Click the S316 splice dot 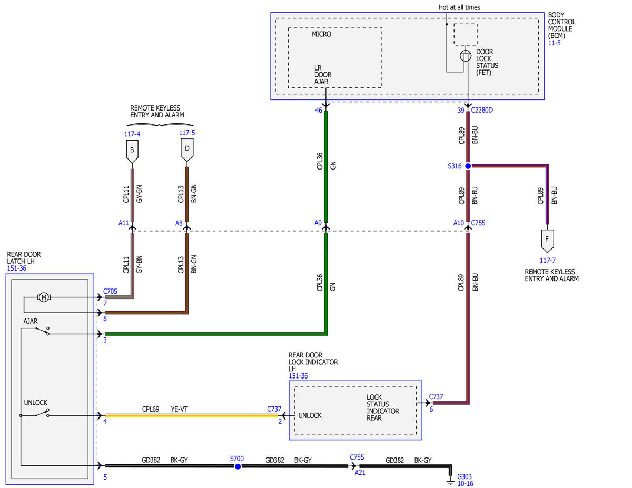point(468,166)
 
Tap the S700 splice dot point(238,466)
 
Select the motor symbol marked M point(44,297)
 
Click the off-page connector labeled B point(132,152)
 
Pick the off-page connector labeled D point(187,150)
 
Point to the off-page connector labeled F point(547,241)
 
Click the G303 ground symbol point(450,482)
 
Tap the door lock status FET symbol point(466,55)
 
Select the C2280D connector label point(482,110)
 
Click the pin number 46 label point(319,111)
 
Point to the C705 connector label point(110,291)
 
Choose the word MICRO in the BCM point(321,34)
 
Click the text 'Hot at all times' point(459,7)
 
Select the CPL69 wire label point(151,409)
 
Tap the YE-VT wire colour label point(179,409)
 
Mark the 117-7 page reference point(548,261)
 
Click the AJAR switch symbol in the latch point(42,331)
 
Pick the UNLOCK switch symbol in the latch point(42,413)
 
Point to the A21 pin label point(360,473)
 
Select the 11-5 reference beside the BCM point(555,43)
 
